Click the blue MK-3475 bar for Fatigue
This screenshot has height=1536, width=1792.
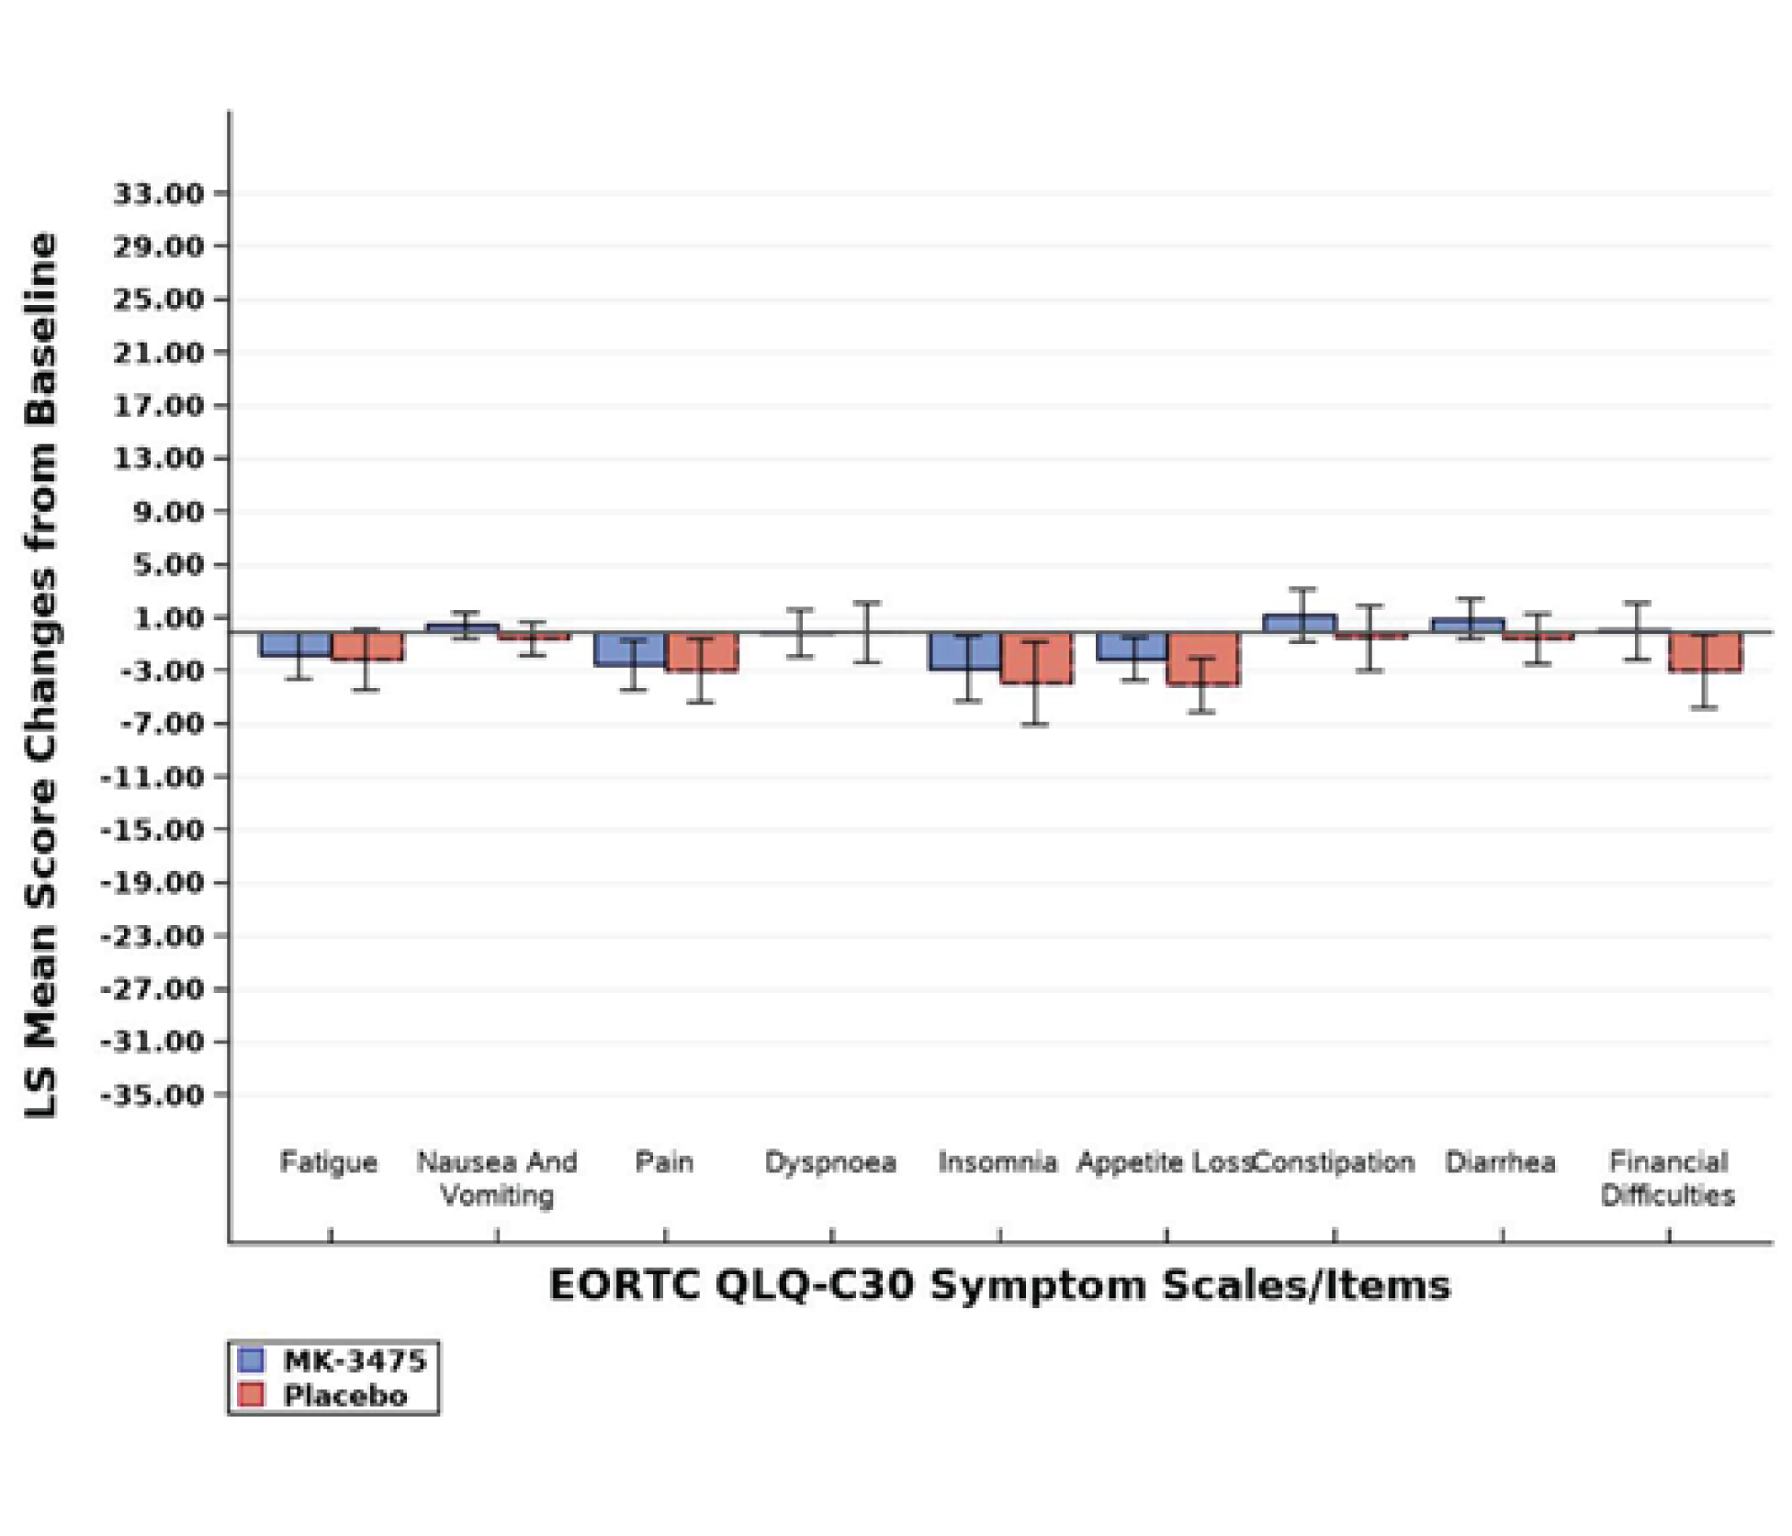pyautogui.click(x=295, y=644)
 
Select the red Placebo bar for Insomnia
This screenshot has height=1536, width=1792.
pyautogui.click(x=1036, y=658)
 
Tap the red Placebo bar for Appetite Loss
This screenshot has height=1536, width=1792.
pyautogui.click(x=1202, y=659)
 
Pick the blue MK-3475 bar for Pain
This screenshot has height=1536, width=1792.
pyautogui.click(x=630, y=649)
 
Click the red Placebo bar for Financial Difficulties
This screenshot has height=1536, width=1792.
pyautogui.click(x=1705, y=652)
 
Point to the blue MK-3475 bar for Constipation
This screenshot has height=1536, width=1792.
pyautogui.click(x=1300, y=624)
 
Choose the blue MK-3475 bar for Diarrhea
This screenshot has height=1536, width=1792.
pyautogui.click(x=1468, y=626)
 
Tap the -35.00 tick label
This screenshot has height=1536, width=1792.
pyautogui.click(x=152, y=1095)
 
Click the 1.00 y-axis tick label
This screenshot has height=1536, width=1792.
pyautogui.click(x=169, y=618)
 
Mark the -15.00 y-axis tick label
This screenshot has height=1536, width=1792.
pyautogui.click(x=152, y=830)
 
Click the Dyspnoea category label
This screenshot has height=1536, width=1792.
pyautogui.click(x=830, y=1162)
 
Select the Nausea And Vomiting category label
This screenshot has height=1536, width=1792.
pyautogui.click(x=497, y=1179)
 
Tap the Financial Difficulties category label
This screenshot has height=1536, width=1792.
pyautogui.click(x=1668, y=1179)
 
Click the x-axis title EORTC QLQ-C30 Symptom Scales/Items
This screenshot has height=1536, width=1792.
pyautogui.click(x=999, y=1285)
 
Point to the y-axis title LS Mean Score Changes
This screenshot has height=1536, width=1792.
pyautogui.click(x=41, y=675)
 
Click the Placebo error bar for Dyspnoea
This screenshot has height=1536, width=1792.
pyautogui.click(x=866, y=633)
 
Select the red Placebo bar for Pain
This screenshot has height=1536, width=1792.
pyautogui.click(x=701, y=652)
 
